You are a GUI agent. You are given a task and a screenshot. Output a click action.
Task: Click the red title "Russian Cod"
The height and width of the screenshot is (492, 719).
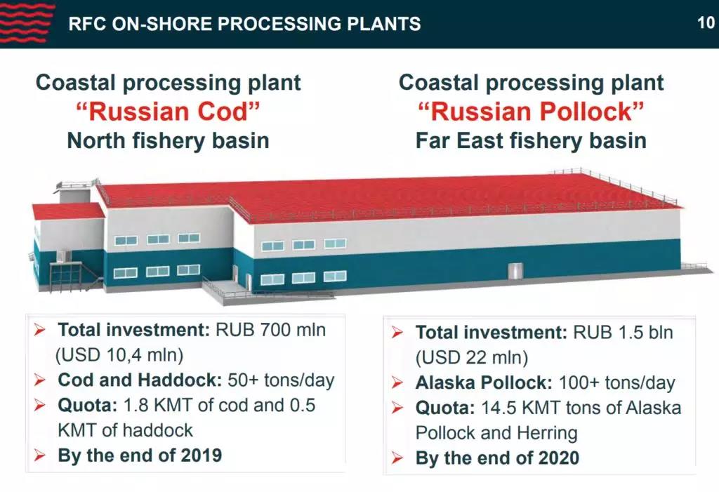[x=169, y=112]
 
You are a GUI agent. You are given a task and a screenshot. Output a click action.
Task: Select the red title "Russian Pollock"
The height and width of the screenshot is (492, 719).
[x=531, y=112]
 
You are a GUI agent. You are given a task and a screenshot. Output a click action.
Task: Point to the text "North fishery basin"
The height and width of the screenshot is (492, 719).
[x=169, y=141]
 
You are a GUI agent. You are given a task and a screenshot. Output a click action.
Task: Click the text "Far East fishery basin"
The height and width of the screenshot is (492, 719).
[x=531, y=141]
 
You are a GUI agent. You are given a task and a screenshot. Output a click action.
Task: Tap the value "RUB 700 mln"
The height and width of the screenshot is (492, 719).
[x=270, y=330]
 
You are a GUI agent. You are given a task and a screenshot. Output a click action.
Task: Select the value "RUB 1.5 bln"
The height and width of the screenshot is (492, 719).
[x=624, y=333]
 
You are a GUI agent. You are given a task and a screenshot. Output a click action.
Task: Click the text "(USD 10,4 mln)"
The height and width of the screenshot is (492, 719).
[x=119, y=355]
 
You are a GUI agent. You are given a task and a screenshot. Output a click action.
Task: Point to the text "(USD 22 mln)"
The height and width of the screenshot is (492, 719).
[x=472, y=358]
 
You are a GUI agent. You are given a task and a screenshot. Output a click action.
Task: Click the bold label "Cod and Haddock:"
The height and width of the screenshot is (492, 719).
[x=140, y=380]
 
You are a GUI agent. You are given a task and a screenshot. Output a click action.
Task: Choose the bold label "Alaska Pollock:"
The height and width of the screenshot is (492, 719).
[x=484, y=383]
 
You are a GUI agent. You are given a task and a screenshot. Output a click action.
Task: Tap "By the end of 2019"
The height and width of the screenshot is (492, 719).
[x=140, y=456]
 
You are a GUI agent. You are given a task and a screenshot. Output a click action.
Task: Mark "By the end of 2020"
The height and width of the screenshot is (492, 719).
[x=497, y=458]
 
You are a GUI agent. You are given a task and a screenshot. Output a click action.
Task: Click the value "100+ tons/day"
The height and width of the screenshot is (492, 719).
[x=616, y=383]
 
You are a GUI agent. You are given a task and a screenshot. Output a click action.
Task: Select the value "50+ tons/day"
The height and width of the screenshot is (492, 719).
[x=281, y=380]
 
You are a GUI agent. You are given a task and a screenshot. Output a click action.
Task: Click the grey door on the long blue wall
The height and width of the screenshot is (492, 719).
[x=515, y=270]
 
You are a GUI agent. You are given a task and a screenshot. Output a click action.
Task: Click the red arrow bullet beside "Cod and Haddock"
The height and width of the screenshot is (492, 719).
[x=40, y=380]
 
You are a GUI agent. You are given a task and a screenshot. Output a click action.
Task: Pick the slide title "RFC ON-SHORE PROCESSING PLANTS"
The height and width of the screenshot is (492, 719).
[x=244, y=24]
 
